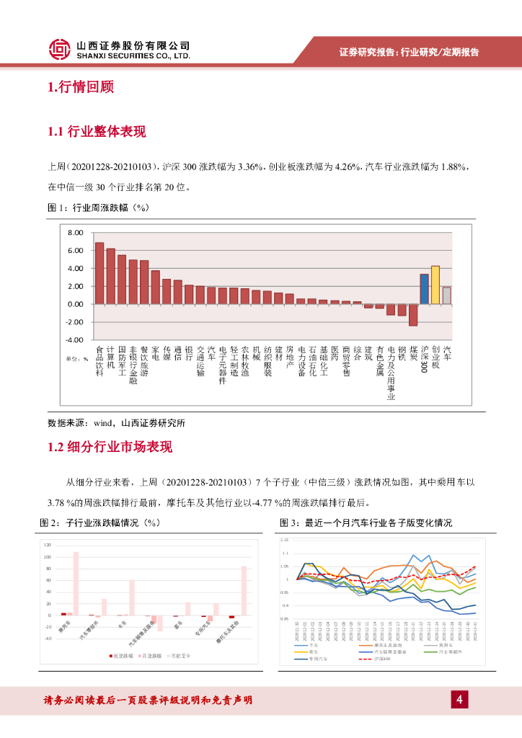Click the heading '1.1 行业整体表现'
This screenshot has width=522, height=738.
[x=96, y=132]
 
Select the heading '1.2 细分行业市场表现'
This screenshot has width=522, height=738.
[x=110, y=447]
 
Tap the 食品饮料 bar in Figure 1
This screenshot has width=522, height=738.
[x=99, y=274]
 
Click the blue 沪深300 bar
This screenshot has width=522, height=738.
[x=424, y=289]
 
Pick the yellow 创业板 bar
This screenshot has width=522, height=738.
[x=435, y=285]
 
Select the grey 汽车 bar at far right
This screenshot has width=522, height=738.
[x=446, y=295]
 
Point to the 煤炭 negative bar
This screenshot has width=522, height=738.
[x=413, y=314]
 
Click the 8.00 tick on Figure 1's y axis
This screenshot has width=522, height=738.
[x=76, y=233]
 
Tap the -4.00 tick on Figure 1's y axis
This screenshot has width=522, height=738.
[x=75, y=339]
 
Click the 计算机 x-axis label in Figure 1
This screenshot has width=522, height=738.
[x=110, y=355]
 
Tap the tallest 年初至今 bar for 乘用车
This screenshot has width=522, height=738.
[x=76, y=583]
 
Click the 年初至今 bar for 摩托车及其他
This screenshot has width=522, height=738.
[x=244, y=590]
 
